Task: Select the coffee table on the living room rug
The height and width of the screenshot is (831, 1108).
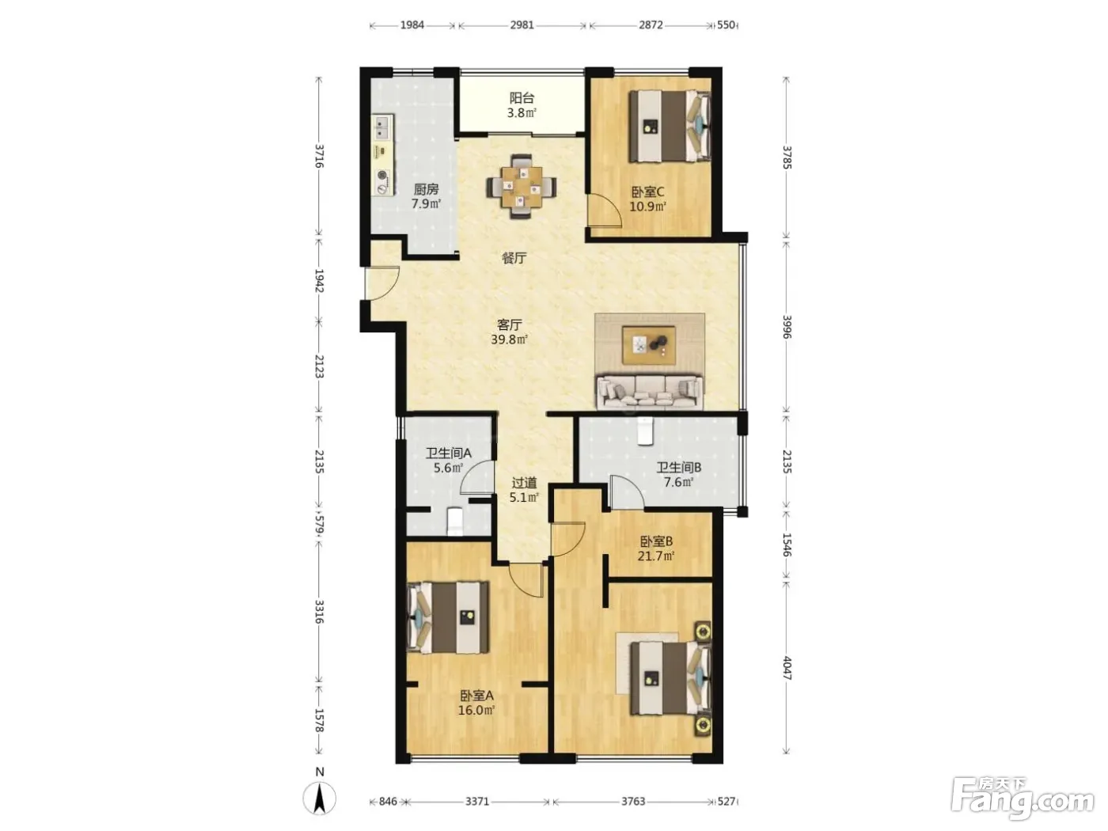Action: (649, 344)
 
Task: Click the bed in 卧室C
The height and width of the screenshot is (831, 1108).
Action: (670, 126)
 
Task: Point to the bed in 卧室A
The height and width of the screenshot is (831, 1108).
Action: (448, 617)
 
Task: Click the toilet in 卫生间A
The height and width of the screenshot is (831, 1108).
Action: (455, 522)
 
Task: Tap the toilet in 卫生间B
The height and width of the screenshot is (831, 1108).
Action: (644, 431)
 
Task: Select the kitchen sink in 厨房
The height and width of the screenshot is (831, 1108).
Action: (382, 127)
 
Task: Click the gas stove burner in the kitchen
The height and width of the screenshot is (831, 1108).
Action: (383, 176)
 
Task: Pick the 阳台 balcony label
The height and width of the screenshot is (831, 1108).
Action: (522, 98)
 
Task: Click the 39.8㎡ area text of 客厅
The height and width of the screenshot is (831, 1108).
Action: (509, 340)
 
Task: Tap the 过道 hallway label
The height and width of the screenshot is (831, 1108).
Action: (524, 483)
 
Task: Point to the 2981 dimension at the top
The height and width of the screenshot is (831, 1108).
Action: (522, 25)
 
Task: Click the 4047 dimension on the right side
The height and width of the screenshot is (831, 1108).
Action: (787, 668)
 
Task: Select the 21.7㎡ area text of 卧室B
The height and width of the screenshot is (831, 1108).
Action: (656, 556)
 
